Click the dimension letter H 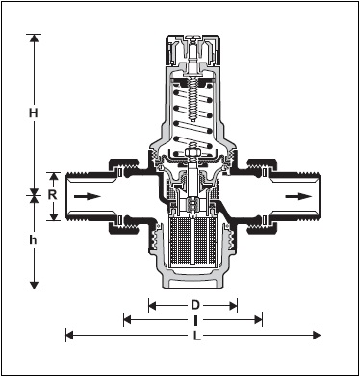click(x=34, y=113)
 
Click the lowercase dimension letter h click(x=33, y=240)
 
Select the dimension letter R click(x=52, y=194)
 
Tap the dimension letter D click(x=195, y=305)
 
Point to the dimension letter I click(x=195, y=320)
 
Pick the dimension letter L click(x=196, y=336)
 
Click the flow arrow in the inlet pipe click(x=88, y=196)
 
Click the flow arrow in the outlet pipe click(x=298, y=196)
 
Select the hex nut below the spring click(x=192, y=152)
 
